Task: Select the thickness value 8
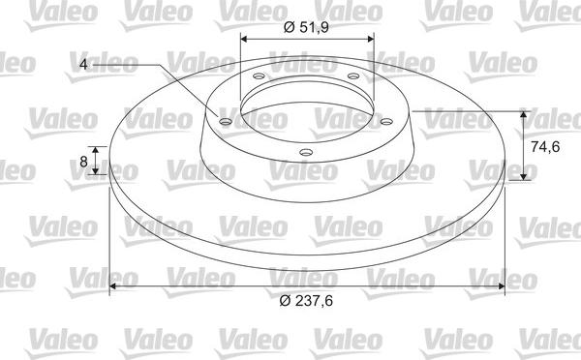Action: pyautogui.click(x=83, y=163)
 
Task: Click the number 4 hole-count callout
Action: pyautogui.click(x=84, y=66)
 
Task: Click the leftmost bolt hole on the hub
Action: pyautogui.click(x=226, y=123)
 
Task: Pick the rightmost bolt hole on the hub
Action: pyautogui.click(x=385, y=122)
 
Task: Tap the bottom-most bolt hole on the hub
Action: pyautogui.click(x=306, y=151)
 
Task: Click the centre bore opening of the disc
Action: pyautogui.click(x=306, y=106)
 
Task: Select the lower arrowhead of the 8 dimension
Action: pyautogui.click(x=96, y=171)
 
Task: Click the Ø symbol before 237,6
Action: pyautogui.click(x=285, y=302)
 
